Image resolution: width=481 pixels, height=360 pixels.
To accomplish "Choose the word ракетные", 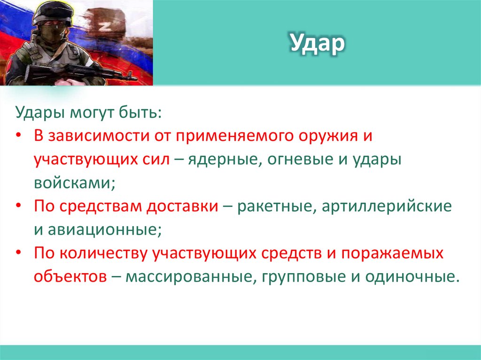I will pyautogui.click(x=273, y=207).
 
